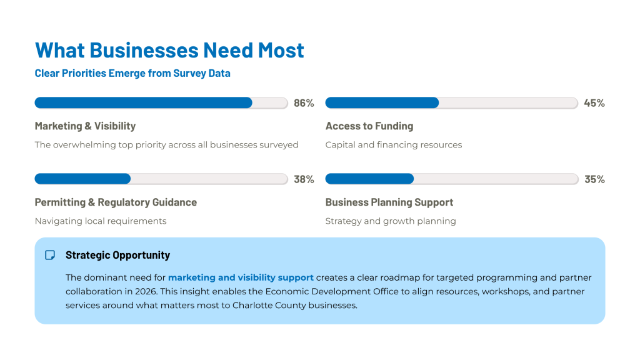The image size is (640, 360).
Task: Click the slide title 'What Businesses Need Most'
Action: click(169, 50)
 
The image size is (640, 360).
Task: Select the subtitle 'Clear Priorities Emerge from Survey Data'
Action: click(132, 73)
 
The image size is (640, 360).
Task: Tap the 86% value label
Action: click(304, 103)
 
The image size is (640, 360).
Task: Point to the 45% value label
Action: click(594, 103)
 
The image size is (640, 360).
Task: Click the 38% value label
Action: click(304, 179)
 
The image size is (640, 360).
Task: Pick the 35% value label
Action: click(594, 179)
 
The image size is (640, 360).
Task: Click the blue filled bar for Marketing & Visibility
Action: click(143, 103)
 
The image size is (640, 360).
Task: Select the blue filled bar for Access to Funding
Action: click(382, 103)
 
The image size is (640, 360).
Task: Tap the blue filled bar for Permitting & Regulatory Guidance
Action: click(82, 179)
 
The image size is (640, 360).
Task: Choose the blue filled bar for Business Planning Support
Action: click(369, 179)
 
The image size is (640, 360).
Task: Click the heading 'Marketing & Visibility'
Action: click(85, 126)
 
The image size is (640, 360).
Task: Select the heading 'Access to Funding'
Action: click(369, 126)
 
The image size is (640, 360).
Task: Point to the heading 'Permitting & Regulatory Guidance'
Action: click(116, 202)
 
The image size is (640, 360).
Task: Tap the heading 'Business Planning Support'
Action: click(389, 202)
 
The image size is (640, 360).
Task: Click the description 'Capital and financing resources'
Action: click(394, 145)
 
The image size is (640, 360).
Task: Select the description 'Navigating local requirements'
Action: click(101, 221)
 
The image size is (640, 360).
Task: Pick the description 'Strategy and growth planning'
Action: click(391, 221)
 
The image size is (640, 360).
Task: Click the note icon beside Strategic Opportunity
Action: click(50, 255)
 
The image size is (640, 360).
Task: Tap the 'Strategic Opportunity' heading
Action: click(117, 255)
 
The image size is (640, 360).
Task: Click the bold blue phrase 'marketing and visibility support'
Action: click(241, 277)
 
